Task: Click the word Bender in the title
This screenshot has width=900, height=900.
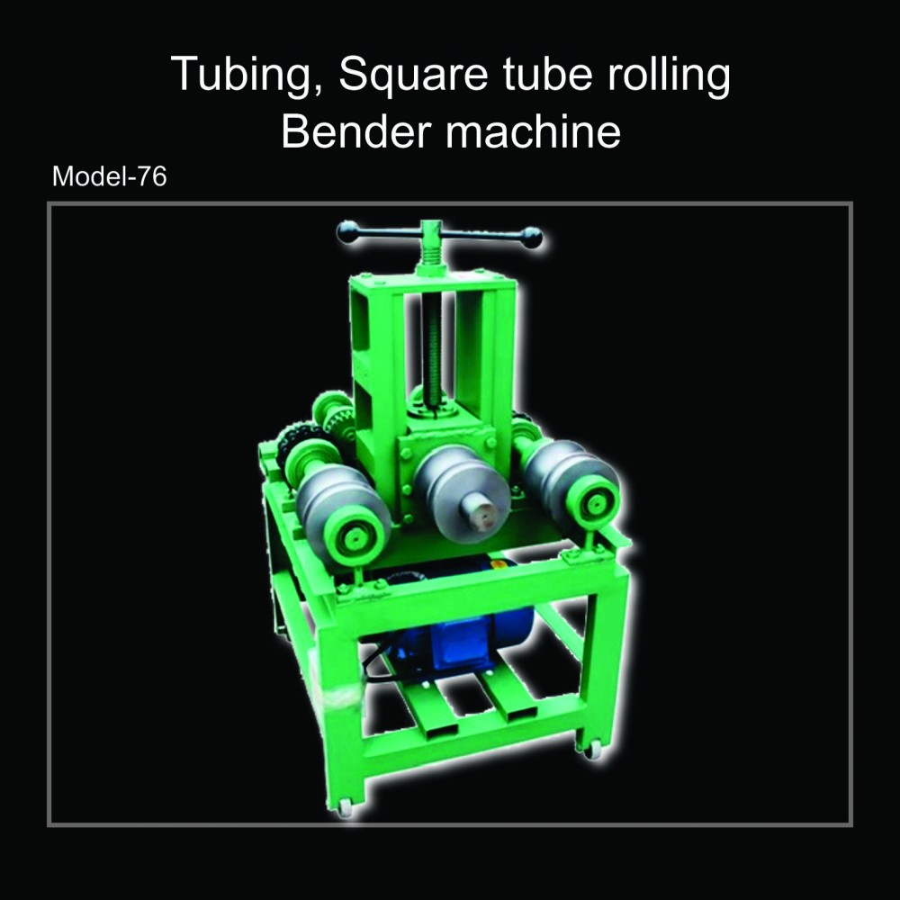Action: (x=355, y=130)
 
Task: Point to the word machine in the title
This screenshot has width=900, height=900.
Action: (x=533, y=130)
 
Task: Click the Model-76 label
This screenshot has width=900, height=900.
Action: (x=109, y=176)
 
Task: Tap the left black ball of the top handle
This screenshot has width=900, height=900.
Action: (x=347, y=231)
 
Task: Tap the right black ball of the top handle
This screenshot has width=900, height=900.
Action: (x=532, y=238)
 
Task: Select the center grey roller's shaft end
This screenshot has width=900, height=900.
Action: (x=481, y=511)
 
